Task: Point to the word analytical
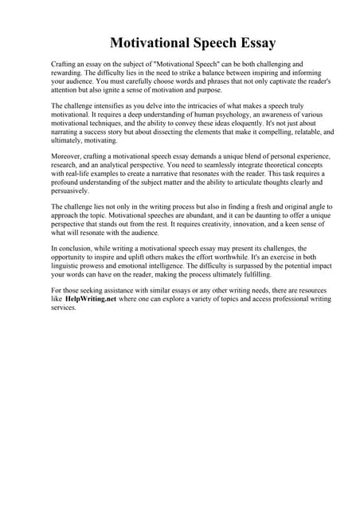[127, 159]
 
